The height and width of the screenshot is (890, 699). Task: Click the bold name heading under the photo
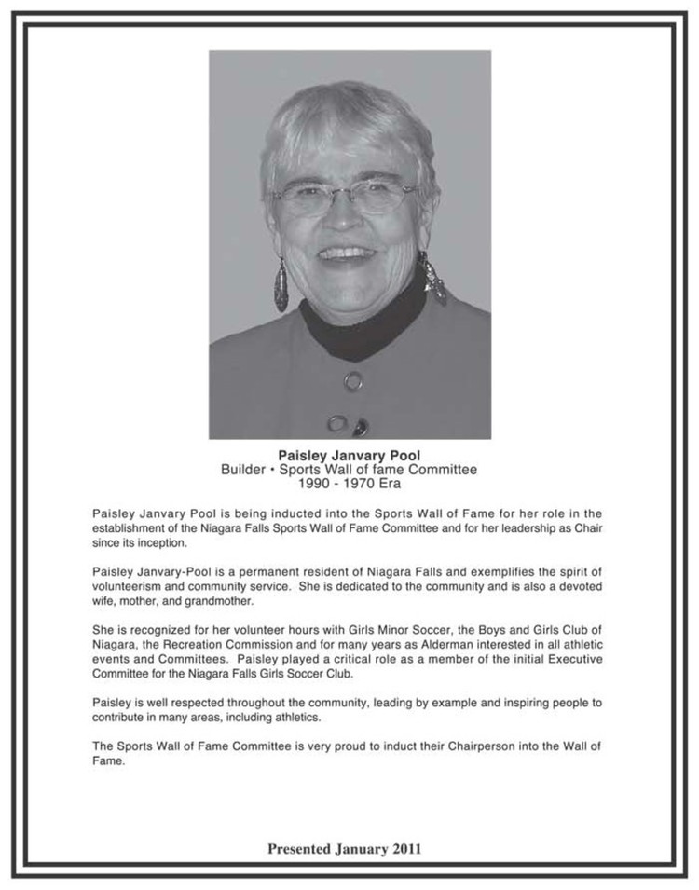click(x=349, y=456)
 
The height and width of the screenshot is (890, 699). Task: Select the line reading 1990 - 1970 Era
click(x=349, y=484)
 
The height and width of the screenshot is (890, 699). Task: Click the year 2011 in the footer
click(x=406, y=849)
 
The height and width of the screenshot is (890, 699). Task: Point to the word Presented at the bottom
click(x=300, y=849)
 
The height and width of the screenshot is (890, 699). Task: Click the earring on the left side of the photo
click(x=281, y=284)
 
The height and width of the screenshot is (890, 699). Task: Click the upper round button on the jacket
click(x=353, y=380)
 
